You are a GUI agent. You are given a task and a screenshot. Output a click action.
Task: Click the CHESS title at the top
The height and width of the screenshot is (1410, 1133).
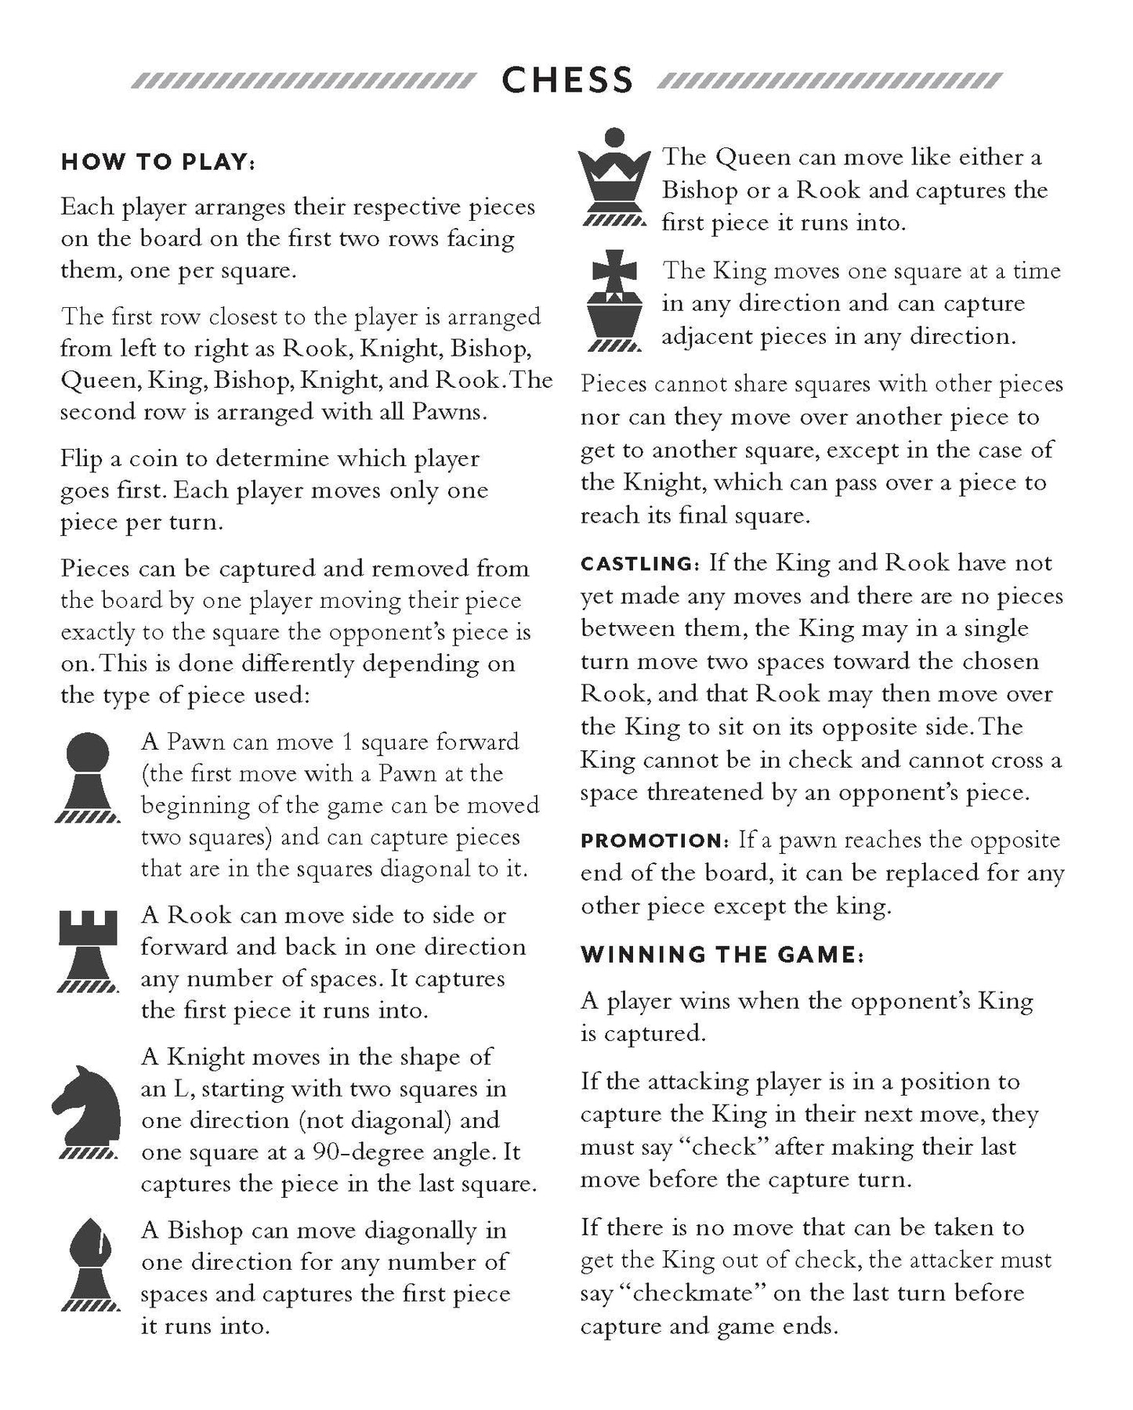pyautogui.click(x=566, y=81)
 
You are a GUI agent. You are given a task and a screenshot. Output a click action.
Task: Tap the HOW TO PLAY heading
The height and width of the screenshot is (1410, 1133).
pyautogui.click(x=158, y=162)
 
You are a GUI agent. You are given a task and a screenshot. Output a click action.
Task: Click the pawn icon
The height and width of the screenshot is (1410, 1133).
pyautogui.click(x=86, y=775)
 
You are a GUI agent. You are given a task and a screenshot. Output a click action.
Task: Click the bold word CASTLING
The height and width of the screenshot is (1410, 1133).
pyautogui.click(x=637, y=564)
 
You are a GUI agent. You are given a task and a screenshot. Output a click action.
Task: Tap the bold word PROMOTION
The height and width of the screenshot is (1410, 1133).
pyautogui.click(x=654, y=841)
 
